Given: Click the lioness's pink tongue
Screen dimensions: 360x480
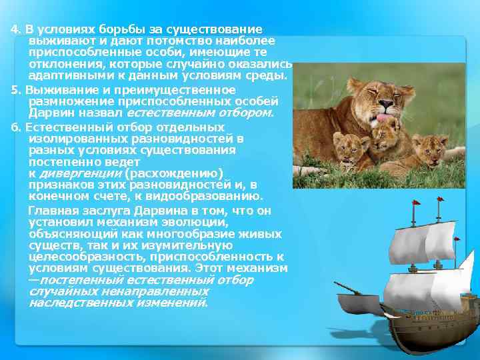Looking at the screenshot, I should click(385, 119).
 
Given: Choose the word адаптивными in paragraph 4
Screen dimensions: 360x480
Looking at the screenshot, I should click(64, 75).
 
